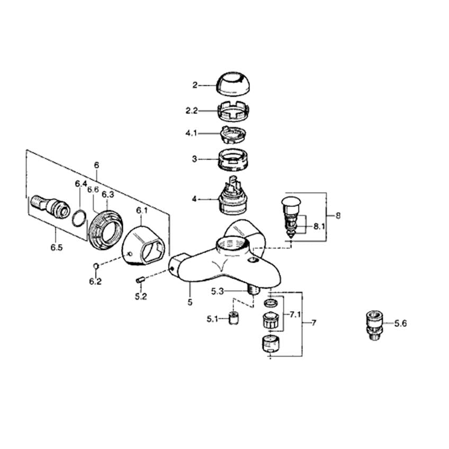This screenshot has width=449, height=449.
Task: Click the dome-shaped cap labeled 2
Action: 235,84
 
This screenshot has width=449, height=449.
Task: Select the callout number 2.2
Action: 192,111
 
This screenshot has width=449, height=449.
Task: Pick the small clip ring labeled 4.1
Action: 233,134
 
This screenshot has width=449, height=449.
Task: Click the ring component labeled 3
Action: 234,160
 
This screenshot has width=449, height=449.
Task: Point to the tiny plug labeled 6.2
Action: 96,266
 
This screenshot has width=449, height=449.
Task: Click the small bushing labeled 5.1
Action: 234,318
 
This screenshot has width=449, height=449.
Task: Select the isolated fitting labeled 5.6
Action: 375,325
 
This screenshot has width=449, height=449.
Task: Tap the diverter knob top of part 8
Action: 291,202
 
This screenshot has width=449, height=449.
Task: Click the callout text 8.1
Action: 319,227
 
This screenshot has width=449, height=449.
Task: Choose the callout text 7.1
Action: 295,315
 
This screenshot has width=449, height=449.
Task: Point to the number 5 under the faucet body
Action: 190,302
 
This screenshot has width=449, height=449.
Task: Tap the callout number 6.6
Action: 93,190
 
